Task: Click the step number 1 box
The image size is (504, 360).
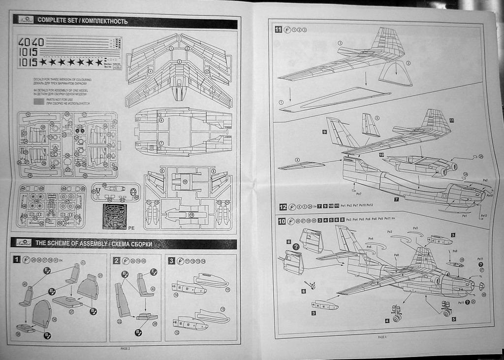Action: pyautogui.click(x=17, y=260)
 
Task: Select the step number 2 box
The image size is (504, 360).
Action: pyautogui.click(x=117, y=260)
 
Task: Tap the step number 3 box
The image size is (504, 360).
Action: pyautogui.click(x=171, y=260)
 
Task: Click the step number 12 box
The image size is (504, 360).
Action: pyautogui.click(x=283, y=207)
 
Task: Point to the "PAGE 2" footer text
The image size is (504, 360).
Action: pyautogui.click(x=125, y=348)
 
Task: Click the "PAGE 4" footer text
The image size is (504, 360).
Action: pyautogui.click(x=382, y=337)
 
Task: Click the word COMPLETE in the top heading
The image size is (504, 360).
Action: pyautogui.click(x=52, y=21)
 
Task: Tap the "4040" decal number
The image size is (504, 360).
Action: pyautogui.click(x=31, y=42)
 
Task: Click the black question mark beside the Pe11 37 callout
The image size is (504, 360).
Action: pyautogui.click(x=481, y=264)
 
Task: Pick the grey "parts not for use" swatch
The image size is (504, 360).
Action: pyautogui.click(x=38, y=101)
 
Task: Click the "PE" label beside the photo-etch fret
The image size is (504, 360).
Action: pyautogui.click(x=131, y=228)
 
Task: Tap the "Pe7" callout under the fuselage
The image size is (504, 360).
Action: pyautogui.click(x=358, y=194)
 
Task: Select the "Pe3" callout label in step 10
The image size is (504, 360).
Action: pyautogui.click(x=389, y=231)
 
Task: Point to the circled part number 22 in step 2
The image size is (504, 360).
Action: pyautogui.click(x=119, y=322)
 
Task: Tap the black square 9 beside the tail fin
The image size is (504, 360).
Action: pyautogui.click(x=325, y=132)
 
